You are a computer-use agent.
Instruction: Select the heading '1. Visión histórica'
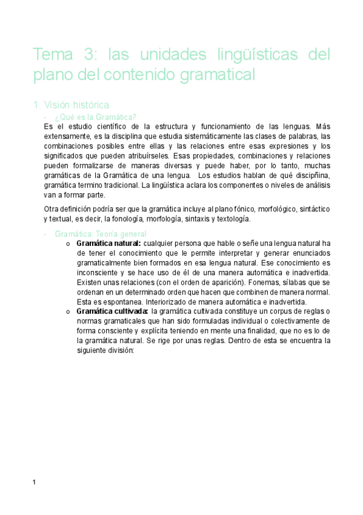[71, 104]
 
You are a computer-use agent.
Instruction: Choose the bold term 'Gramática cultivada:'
[113, 312]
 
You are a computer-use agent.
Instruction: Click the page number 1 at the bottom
[35, 482]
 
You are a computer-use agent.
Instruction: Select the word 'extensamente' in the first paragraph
[70, 137]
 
